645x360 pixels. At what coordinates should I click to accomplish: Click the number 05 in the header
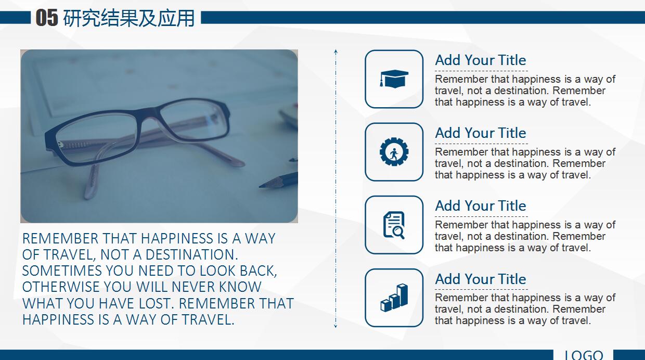click(47, 18)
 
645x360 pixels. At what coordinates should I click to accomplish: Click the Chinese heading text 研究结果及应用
click(128, 18)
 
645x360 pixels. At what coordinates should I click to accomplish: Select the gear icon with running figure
click(394, 152)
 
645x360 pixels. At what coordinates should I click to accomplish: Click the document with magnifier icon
click(394, 225)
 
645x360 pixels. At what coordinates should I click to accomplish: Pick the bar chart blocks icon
click(394, 298)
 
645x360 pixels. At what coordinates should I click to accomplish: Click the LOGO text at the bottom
click(584, 355)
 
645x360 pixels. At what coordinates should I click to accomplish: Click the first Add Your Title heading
click(480, 60)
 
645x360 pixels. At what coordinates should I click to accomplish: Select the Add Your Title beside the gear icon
click(480, 133)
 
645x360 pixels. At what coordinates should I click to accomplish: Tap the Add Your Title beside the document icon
click(480, 205)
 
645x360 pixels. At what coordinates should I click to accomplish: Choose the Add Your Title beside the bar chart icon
click(480, 279)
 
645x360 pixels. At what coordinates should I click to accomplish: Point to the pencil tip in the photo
click(260, 187)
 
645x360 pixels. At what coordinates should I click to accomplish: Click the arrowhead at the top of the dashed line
click(336, 52)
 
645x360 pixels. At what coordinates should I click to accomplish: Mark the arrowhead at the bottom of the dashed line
click(336, 326)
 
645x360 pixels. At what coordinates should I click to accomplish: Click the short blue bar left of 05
click(15, 18)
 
